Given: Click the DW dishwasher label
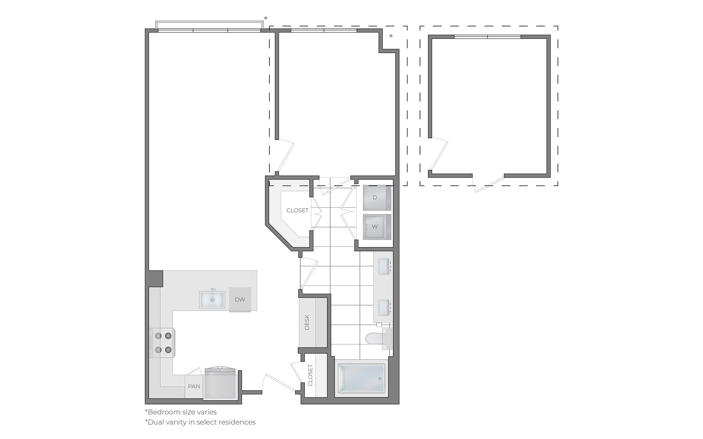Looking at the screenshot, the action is [240, 300].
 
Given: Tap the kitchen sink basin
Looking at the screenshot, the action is [212, 300].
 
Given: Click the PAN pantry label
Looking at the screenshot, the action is [194, 386].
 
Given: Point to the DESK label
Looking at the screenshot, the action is [307, 322].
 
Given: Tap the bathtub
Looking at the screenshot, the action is [361, 379].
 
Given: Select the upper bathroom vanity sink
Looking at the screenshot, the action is [383, 267].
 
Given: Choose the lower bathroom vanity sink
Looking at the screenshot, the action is [383, 308].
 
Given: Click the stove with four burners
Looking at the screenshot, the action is [163, 342].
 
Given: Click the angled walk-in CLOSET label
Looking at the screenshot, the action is [297, 210].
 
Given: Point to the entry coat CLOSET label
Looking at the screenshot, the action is [310, 375].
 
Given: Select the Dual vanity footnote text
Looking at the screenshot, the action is [200, 422].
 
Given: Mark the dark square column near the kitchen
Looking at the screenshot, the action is [155, 278].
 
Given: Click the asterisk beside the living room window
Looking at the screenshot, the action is [266, 19].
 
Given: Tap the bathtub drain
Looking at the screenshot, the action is [380, 379].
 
